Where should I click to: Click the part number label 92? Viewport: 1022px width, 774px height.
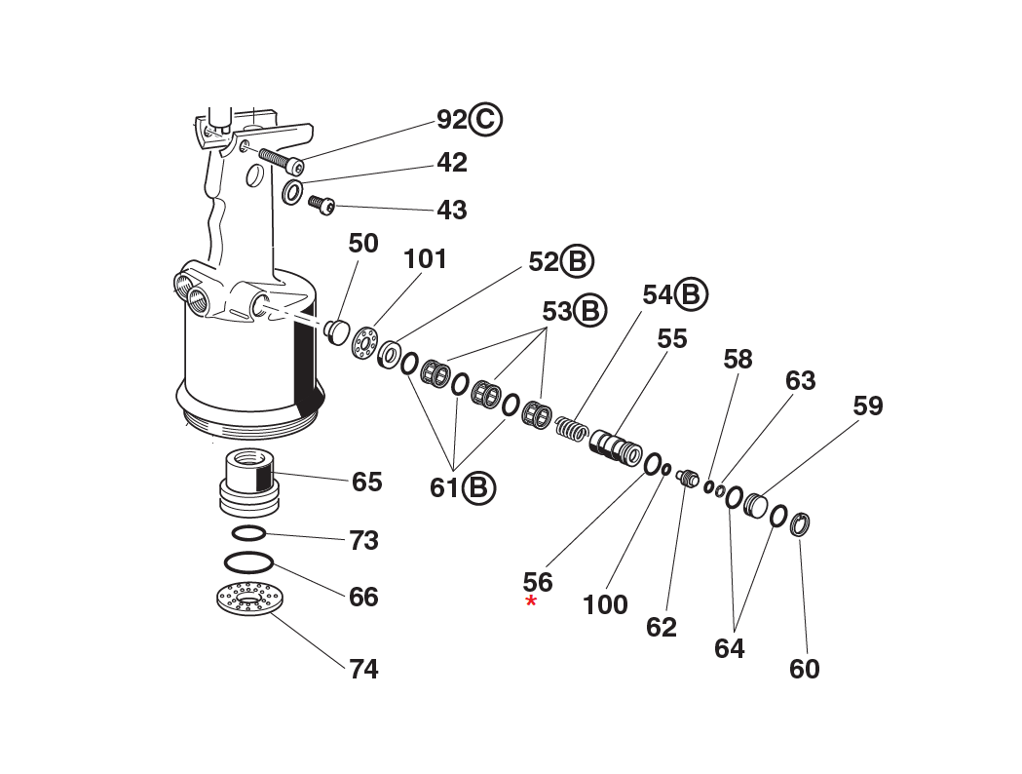[x=451, y=120]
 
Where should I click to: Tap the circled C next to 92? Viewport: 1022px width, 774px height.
[x=485, y=120]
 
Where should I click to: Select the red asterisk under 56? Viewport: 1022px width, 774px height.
[x=531, y=602]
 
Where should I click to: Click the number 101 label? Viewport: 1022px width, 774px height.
[x=425, y=259]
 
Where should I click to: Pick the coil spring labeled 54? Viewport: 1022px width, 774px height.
[x=571, y=427]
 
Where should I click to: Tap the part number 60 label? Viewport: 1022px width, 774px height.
[x=804, y=670]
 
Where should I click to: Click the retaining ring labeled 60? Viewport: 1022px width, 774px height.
[x=799, y=523]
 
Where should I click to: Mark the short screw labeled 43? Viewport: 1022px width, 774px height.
[x=322, y=204]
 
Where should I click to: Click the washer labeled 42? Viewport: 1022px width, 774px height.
[x=292, y=192]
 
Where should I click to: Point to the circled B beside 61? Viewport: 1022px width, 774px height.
[x=478, y=486]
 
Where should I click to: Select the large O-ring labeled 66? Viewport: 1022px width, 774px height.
[x=247, y=563]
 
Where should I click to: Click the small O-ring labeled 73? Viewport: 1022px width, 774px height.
[x=248, y=533]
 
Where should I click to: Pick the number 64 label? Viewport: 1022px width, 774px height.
[x=729, y=648]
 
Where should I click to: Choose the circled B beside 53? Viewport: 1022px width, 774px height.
[x=589, y=311]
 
